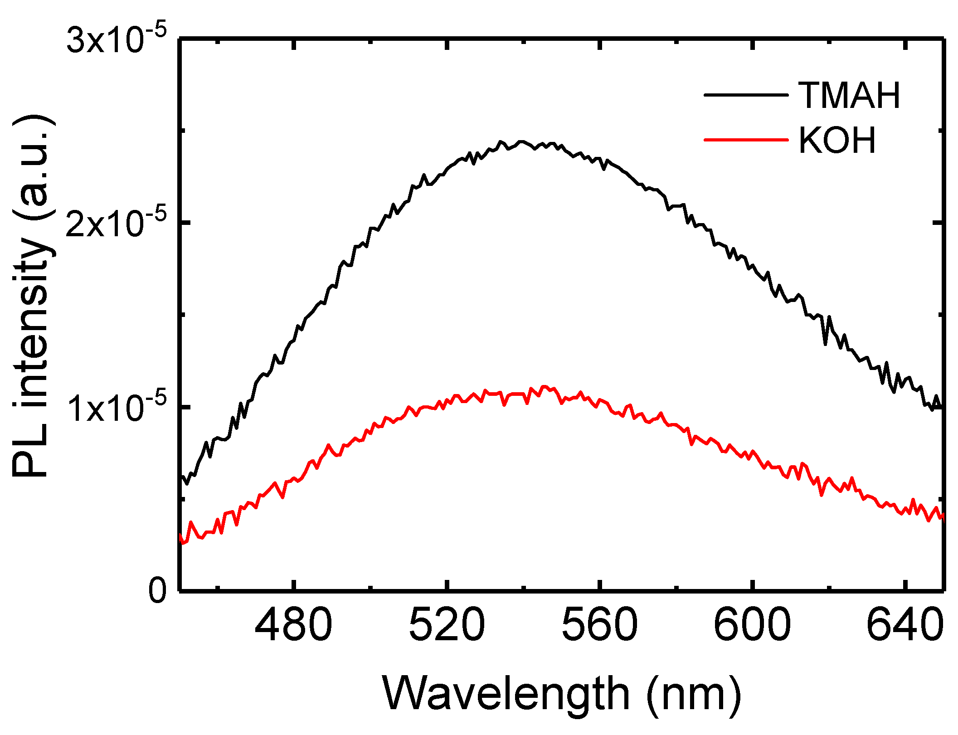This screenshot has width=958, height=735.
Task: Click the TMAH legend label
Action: pos(849,96)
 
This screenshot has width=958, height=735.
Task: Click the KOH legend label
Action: pos(837,141)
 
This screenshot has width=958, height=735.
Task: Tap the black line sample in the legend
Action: pos(746,95)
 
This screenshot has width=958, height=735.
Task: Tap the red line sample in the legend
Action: pos(746,140)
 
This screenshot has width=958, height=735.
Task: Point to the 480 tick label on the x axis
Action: pos(294,625)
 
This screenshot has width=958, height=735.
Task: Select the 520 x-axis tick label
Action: pos(447,625)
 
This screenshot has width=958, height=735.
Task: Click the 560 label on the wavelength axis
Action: pos(599,625)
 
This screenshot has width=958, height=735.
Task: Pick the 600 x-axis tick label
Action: pos(752,625)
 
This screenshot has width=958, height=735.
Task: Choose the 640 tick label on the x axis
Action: pos(905,625)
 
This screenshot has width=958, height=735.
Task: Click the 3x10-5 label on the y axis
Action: pos(117,40)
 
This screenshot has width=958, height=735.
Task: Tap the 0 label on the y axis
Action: pos(157,591)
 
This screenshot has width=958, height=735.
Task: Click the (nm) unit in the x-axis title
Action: pos(694,694)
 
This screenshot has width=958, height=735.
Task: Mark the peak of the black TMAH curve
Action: pos(521,141)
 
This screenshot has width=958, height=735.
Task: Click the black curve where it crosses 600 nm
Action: pos(753,267)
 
